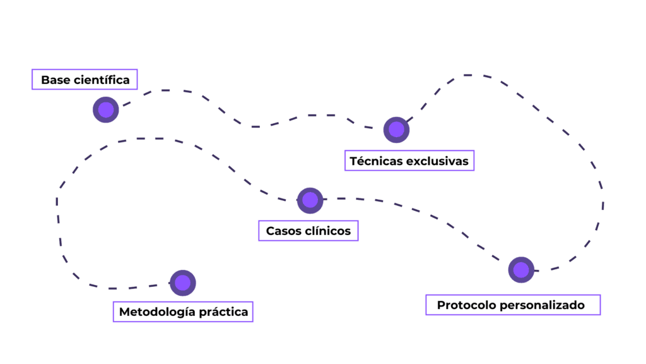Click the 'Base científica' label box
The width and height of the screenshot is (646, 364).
tap(85, 79)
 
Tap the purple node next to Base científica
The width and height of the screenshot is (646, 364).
tap(106, 110)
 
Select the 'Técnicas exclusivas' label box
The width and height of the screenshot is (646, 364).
tap(409, 161)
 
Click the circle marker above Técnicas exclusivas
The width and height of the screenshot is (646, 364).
tap(396, 130)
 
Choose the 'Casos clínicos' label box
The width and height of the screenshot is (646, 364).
tap(308, 231)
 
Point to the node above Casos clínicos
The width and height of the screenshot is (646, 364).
tap(310, 200)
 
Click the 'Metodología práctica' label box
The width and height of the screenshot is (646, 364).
tap(183, 312)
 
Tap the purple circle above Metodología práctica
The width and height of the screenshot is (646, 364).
tap(183, 282)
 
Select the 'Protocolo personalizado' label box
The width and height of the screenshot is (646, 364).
tap(513, 305)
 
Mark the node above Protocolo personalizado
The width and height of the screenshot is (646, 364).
tap(521, 270)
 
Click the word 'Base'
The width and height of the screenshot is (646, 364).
tap(55, 80)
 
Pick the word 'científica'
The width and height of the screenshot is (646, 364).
tap(102, 80)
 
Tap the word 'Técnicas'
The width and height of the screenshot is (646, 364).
tap(375, 161)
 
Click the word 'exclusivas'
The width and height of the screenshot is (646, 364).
tap(437, 161)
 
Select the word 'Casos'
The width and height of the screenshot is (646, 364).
tap(283, 231)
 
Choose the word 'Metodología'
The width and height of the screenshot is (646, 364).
tap(156, 312)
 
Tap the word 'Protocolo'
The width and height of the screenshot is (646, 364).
tap(466, 305)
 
